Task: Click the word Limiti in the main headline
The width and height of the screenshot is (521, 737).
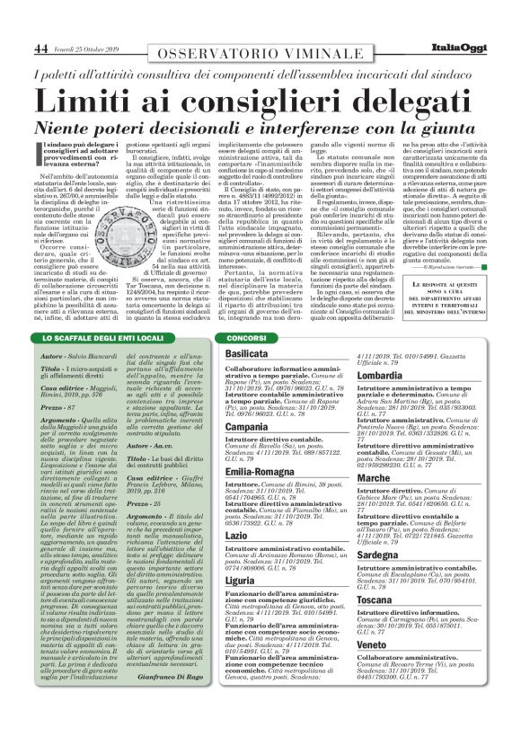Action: click(x=92, y=100)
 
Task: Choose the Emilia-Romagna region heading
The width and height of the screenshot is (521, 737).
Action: click(x=264, y=470)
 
